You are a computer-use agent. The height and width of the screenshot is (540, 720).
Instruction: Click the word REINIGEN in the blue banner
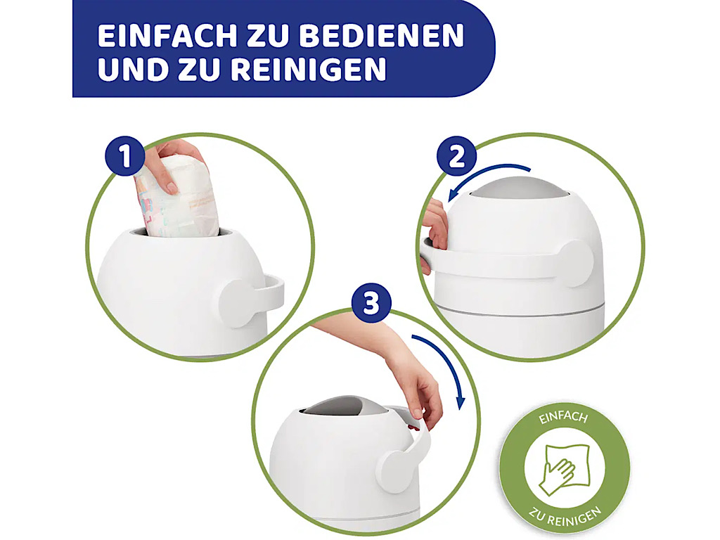(308, 69)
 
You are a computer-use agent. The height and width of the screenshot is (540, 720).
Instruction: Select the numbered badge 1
(125, 156)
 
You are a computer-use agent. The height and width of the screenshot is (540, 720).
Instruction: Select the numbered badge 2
(456, 156)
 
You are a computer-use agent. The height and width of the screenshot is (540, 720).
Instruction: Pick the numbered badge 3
(371, 303)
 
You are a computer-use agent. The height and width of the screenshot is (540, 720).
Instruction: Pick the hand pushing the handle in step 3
(404, 372)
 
